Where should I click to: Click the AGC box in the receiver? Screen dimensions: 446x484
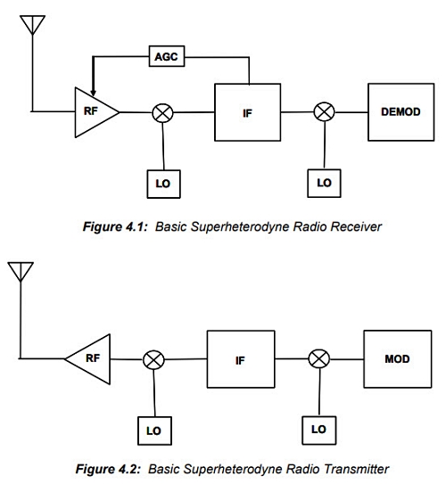[x=167, y=56]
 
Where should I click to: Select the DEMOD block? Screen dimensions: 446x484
[x=401, y=112]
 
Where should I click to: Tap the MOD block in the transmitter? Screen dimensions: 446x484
[x=398, y=359]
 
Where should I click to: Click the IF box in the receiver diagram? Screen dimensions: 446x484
[x=248, y=112]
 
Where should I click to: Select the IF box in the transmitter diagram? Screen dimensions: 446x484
[x=241, y=359]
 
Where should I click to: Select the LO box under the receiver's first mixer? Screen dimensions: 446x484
[x=164, y=184]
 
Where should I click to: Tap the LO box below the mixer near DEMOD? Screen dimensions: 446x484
[x=325, y=183]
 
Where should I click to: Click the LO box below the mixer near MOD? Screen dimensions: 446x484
[x=319, y=430]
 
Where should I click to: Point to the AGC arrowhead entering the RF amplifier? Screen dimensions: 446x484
[x=93, y=93]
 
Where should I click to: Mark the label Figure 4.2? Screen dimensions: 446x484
[x=108, y=470]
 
